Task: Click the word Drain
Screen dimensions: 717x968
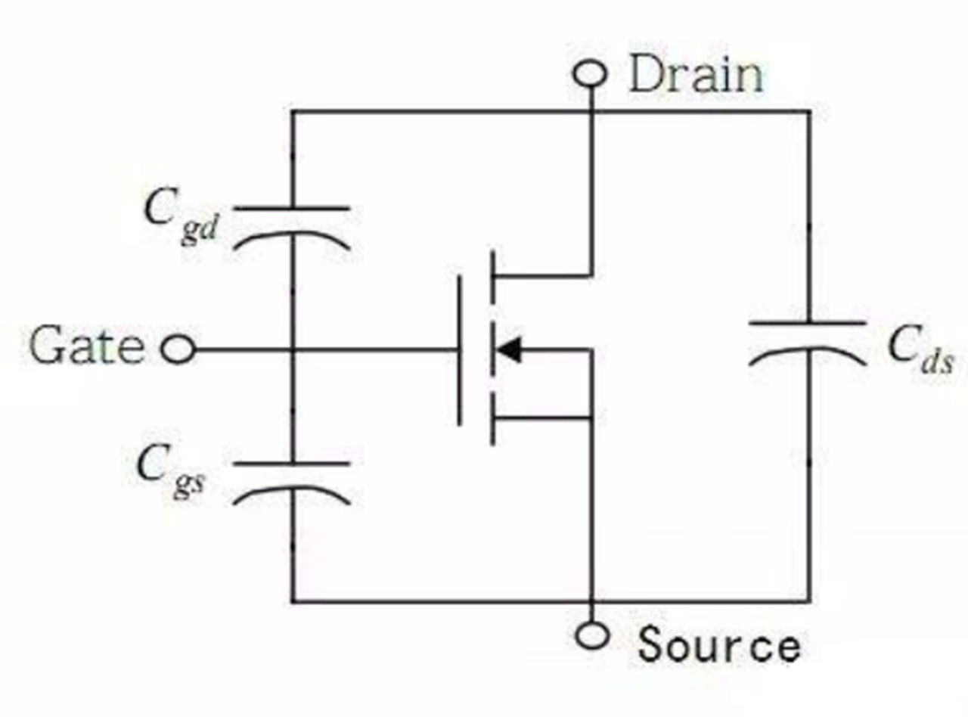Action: click(696, 76)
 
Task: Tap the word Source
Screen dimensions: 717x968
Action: click(718, 647)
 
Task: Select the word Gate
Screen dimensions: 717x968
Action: click(86, 347)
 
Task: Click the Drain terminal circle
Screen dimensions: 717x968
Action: click(591, 74)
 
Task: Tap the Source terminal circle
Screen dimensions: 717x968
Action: click(591, 635)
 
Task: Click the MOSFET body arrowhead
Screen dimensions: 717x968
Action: click(507, 350)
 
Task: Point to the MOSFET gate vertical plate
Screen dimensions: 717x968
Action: click(459, 350)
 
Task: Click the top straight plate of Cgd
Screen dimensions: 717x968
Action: click(292, 207)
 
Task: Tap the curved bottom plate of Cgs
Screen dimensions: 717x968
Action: click(292, 491)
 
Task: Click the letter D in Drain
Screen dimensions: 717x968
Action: click(646, 76)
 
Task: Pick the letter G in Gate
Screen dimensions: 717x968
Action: click(47, 347)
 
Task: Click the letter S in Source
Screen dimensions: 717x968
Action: click(653, 647)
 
